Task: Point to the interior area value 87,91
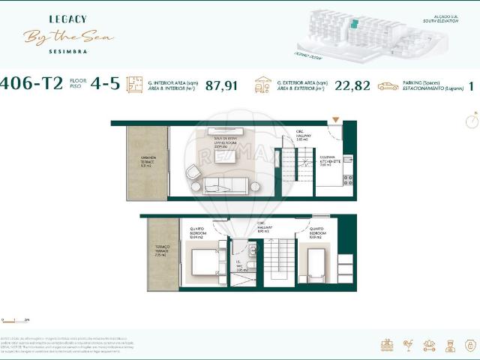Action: [221, 85]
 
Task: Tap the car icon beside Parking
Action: [388, 86]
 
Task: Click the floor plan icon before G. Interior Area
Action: [135, 85]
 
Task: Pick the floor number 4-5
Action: [104, 84]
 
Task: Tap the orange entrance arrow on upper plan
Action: [335, 120]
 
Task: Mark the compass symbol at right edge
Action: [472, 119]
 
